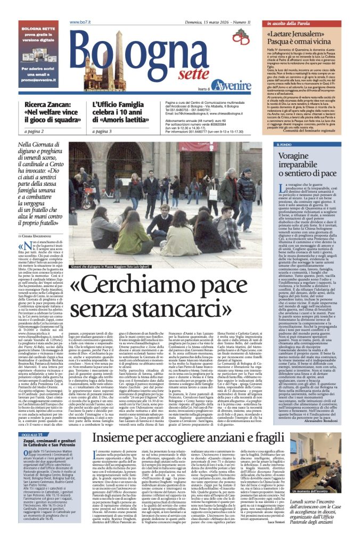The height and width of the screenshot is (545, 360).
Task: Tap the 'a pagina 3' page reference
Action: pos(103,131)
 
